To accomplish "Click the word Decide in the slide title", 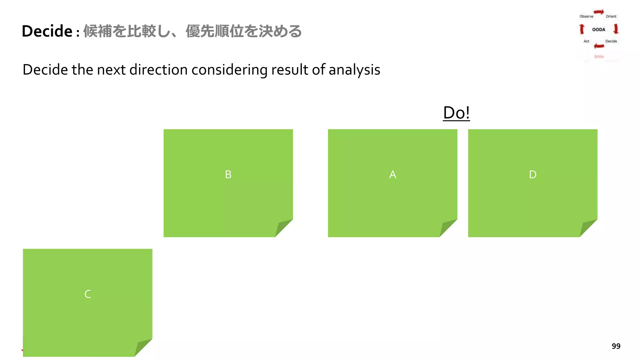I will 47,31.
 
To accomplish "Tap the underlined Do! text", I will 456,113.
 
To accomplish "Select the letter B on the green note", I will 228,174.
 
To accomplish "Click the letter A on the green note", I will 392,174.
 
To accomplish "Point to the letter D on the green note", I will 532,174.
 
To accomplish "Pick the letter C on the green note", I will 87,294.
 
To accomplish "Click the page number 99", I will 616,346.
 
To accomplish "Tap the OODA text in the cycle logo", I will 598,29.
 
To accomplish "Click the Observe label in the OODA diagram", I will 586,16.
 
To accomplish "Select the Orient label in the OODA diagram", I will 611,16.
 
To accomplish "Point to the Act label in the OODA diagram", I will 586,41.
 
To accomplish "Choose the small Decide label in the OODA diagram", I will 611,41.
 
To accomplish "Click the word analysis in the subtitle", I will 354,70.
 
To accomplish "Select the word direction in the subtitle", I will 158,70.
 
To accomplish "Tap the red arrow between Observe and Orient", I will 599,12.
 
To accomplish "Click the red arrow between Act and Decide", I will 599,46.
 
